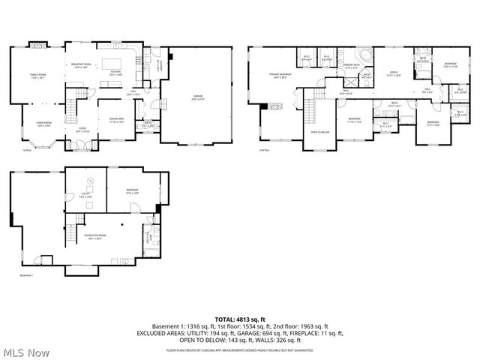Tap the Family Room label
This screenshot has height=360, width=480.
pyautogui.click(x=38, y=76)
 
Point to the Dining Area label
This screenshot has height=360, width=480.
pyautogui.click(x=116, y=120)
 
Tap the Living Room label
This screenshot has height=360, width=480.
pyautogui.click(x=44, y=124)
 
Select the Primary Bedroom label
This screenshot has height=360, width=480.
pyautogui.click(x=280, y=76)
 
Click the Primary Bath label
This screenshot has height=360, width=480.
pyautogui.click(x=352, y=67)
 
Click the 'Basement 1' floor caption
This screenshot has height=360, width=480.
pyautogui.click(x=27, y=276)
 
